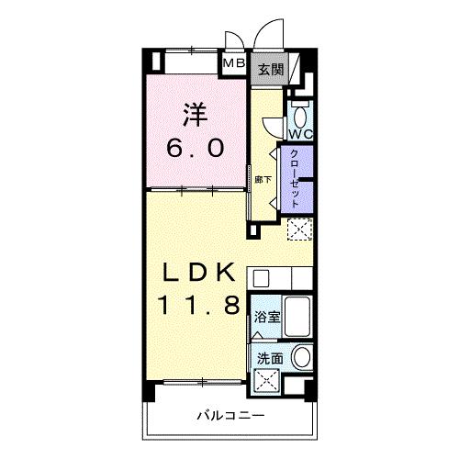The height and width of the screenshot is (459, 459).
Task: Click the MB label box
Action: coord(234,64)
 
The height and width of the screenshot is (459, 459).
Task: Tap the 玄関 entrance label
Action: coord(270,68)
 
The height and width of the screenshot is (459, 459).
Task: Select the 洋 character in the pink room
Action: coord(193,115)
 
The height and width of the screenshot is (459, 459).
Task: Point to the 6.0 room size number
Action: coord(194,147)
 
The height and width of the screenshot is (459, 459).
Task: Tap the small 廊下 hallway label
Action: coord(263,179)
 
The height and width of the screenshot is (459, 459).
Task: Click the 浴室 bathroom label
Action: coord(267,318)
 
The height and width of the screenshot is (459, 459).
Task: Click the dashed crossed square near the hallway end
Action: coord(299,229)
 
